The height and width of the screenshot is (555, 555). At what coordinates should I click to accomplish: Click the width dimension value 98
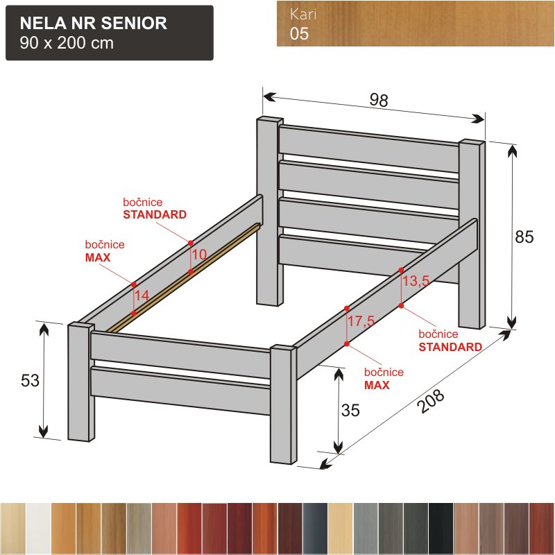click(x=379, y=100)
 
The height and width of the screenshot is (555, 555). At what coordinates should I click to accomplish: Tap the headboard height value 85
click(x=524, y=237)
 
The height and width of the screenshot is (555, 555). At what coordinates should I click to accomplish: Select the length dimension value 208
click(x=431, y=401)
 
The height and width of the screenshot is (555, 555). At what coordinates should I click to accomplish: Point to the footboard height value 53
click(x=30, y=380)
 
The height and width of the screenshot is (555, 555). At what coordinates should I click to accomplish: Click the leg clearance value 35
click(x=350, y=410)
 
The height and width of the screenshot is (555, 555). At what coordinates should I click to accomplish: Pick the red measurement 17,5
click(x=361, y=321)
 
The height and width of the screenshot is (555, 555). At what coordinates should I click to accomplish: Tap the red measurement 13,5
click(x=416, y=281)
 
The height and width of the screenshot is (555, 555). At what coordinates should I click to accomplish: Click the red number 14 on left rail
click(x=142, y=296)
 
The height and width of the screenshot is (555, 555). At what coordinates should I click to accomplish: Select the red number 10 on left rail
click(x=200, y=254)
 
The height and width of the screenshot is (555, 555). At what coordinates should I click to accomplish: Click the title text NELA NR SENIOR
click(x=94, y=23)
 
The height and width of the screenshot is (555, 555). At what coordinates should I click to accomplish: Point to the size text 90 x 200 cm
click(x=67, y=43)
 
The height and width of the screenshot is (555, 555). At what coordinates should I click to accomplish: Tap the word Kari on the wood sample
click(x=303, y=14)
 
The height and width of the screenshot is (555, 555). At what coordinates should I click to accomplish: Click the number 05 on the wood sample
click(x=299, y=33)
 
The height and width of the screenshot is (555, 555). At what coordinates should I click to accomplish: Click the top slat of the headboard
click(x=369, y=148)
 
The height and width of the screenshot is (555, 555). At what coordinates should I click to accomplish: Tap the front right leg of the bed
click(x=284, y=404)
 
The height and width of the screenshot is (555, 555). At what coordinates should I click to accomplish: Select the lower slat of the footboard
click(x=180, y=391)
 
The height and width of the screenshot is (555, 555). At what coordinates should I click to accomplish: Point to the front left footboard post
click(x=81, y=382)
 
